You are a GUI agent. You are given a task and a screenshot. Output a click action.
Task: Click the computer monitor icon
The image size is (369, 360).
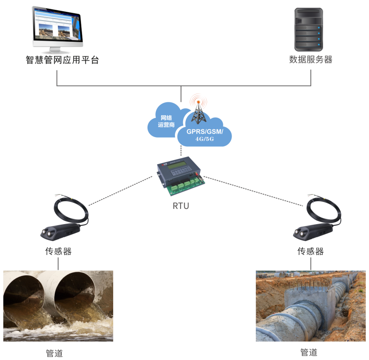[x=57, y=30]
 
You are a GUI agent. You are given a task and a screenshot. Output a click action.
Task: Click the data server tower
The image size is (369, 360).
[x=309, y=30]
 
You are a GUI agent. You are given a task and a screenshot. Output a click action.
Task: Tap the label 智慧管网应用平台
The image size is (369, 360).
[x=62, y=60]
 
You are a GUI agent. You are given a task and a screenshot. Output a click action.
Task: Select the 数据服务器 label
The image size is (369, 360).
[x=311, y=59]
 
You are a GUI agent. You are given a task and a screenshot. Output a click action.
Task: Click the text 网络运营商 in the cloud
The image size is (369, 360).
[x=166, y=121]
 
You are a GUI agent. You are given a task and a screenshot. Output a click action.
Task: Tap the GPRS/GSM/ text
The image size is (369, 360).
[x=205, y=131]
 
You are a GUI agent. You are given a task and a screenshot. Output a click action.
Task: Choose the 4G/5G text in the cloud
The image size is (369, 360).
[x=205, y=139]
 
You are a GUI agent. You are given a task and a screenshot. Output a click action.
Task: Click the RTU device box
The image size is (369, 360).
[x=181, y=175]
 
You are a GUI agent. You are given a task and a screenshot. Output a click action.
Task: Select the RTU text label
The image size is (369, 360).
[x=181, y=206]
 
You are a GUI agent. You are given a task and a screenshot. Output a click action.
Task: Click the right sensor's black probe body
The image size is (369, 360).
[x=313, y=232]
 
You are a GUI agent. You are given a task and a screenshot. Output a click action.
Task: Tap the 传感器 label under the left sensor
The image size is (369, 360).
[x=58, y=251]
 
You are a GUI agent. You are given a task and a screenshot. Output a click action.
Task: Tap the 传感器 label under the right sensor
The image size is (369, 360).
[x=310, y=251]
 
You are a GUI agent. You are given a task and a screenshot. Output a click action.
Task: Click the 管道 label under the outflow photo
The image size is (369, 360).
[x=54, y=353]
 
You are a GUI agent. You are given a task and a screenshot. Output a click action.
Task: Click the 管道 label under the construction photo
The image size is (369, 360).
[x=309, y=352]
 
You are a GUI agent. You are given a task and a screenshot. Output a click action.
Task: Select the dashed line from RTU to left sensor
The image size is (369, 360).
[x=121, y=191]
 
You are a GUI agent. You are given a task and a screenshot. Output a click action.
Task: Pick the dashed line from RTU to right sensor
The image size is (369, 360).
[x=253, y=191]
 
